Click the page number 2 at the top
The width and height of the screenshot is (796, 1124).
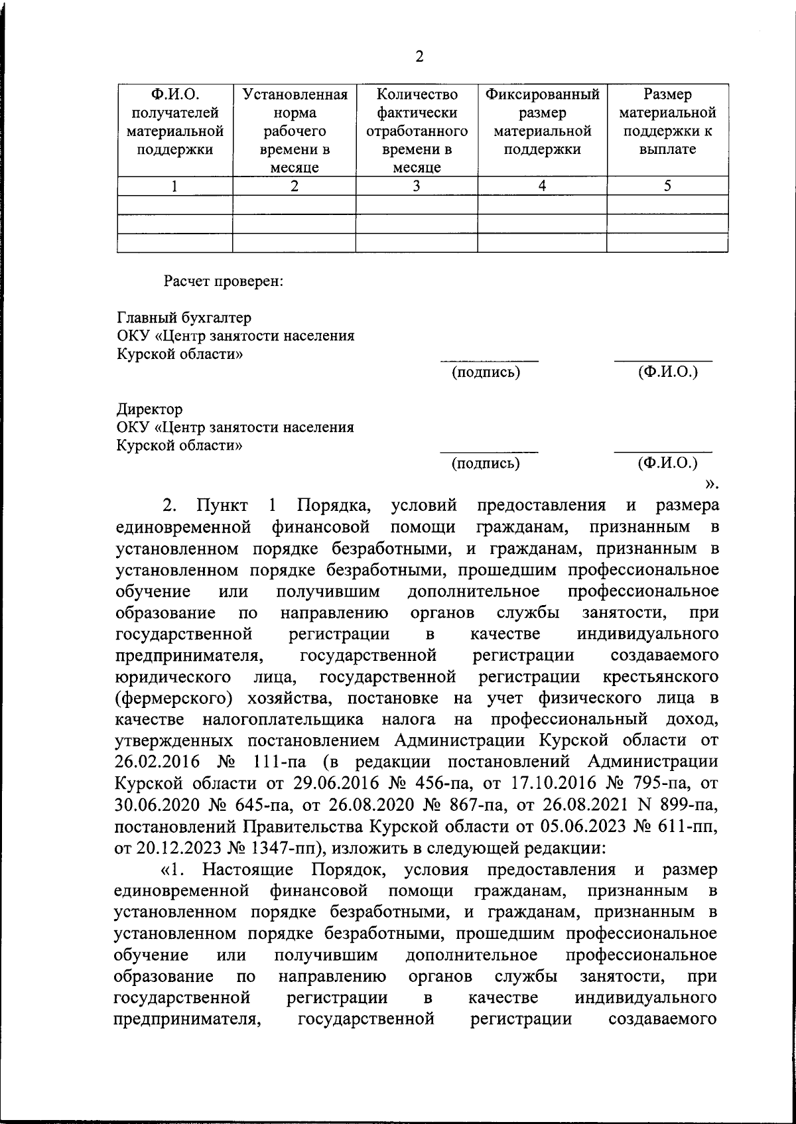click(419, 56)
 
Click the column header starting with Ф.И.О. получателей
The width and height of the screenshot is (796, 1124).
click(174, 121)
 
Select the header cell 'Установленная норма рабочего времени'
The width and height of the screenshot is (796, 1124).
click(294, 131)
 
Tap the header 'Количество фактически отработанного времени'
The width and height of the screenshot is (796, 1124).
click(417, 131)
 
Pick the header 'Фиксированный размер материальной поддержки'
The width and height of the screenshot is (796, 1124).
click(542, 121)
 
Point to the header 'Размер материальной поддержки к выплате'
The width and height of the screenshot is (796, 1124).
click(667, 121)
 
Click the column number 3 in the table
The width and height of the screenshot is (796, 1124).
click(417, 186)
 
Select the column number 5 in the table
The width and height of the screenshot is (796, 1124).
click(667, 186)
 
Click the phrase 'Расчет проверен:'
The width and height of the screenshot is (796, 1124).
click(224, 281)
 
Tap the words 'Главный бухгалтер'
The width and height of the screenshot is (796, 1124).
click(184, 318)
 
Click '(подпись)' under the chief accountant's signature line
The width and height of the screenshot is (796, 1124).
click(486, 372)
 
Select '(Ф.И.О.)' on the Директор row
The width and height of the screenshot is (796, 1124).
click(667, 463)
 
